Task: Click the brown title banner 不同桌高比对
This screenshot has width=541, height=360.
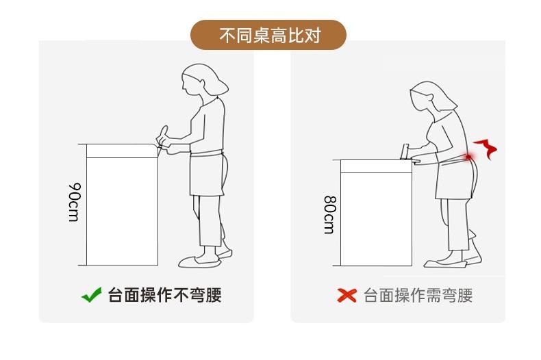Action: point(268,35)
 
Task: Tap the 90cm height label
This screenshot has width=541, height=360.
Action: point(74,202)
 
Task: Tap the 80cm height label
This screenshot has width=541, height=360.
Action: point(329,215)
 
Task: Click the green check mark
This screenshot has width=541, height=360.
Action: point(92,295)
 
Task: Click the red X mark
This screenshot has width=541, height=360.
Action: point(347,296)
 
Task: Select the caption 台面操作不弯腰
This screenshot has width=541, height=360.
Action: point(165,295)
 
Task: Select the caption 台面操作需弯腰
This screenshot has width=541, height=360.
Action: point(418,296)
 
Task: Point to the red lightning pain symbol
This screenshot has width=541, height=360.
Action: point(486,149)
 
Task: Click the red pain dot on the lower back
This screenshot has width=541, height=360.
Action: point(468,157)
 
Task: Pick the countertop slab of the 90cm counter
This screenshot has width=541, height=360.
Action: point(122,151)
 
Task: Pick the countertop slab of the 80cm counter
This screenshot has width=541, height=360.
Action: point(376,166)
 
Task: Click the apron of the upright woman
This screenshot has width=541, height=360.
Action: point(207,173)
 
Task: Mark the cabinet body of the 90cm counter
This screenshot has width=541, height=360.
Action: point(122,211)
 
